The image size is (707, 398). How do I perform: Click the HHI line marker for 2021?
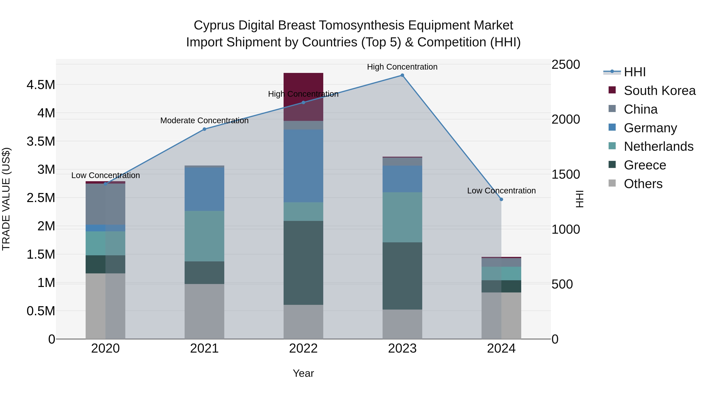click(x=204, y=129)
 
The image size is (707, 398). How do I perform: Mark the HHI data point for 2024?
click(x=501, y=199)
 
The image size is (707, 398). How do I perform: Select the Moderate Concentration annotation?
click(x=204, y=121)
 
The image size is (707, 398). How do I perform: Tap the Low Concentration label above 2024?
click(x=501, y=191)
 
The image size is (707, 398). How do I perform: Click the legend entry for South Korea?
click(x=659, y=91)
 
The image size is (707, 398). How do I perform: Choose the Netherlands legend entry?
click(x=658, y=146)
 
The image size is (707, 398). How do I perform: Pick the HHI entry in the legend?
click(x=635, y=72)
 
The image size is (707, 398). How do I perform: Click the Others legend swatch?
click(x=612, y=183)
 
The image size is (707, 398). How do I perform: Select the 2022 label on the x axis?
click(x=303, y=348)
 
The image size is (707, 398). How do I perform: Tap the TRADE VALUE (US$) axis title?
click(x=6, y=199)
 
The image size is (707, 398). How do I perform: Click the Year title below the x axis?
click(x=303, y=373)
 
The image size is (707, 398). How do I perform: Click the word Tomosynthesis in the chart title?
click(x=362, y=25)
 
